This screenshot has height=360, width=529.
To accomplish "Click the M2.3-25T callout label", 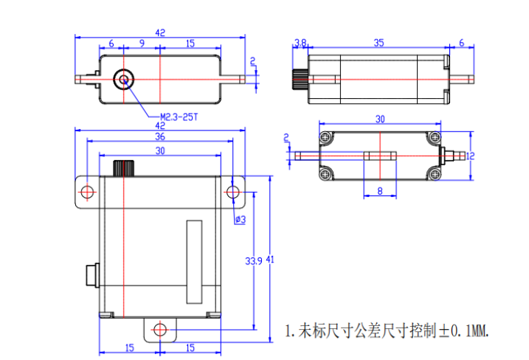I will point(179,116).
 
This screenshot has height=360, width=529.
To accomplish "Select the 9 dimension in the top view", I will point(141,44).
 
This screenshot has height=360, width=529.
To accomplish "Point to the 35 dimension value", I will point(378,44).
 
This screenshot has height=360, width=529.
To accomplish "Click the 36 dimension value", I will point(159,137).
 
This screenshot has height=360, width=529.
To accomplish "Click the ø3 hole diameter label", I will point(240,220).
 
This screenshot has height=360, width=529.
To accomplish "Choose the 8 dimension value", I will point(380,191).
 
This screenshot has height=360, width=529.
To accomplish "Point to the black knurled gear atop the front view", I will point(123,167).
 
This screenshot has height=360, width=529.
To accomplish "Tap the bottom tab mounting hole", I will point(159,329).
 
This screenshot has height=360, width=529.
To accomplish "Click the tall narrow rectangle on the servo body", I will point(194,262).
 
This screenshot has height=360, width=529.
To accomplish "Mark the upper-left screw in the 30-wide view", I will point(325,137).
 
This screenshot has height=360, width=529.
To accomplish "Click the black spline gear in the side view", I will point(300,79).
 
